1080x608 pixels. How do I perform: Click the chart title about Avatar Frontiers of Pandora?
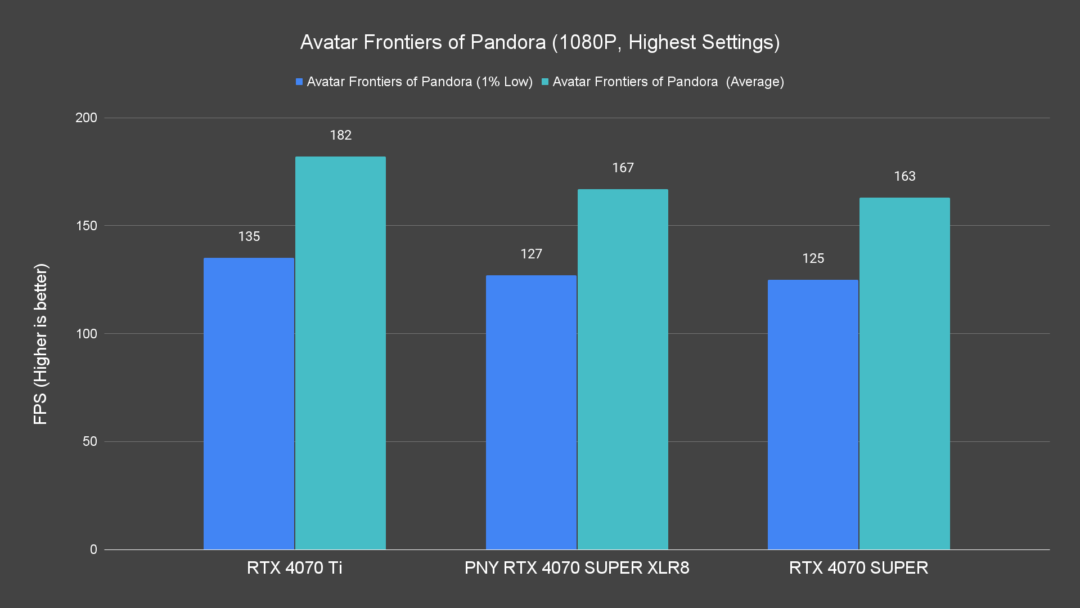pyautogui.click(x=540, y=42)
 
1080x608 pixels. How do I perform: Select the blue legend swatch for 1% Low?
pyautogui.click(x=299, y=82)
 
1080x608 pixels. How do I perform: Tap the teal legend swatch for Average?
pyautogui.click(x=544, y=82)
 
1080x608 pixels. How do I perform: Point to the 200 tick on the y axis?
pyautogui.click(x=86, y=118)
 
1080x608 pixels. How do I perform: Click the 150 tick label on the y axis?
pyautogui.click(x=86, y=226)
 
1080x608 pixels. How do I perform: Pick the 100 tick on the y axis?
pyautogui.click(x=86, y=334)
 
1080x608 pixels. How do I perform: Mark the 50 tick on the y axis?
pyautogui.click(x=90, y=441)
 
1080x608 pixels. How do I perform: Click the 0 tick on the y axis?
pyautogui.click(x=93, y=549)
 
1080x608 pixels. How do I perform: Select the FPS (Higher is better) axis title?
pyautogui.click(x=40, y=343)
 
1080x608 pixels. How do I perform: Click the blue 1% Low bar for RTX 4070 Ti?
pyautogui.click(x=249, y=403)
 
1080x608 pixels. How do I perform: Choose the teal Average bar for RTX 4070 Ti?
pyautogui.click(x=340, y=352)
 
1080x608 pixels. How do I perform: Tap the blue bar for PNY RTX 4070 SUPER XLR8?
pyautogui.click(x=531, y=412)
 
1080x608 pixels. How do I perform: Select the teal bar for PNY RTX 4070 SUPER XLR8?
pyautogui.click(x=623, y=369)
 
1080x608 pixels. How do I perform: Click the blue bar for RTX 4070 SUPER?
pyautogui.click(x=813, y=414)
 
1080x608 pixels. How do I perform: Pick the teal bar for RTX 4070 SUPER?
pyautogui.click(x=904, y=373)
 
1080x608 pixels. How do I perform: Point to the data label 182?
pyautogui.click(x=340, y=135)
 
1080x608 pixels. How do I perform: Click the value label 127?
pyautogui.click(x=531, y=254)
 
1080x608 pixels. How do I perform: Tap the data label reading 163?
pyautogui.click(x=904, y=176)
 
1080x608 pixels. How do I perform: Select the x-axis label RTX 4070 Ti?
pyautogui.click(x=294, y=567)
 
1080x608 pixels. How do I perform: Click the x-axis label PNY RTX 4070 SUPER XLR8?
pyautogui.click(x=577, y=567)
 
